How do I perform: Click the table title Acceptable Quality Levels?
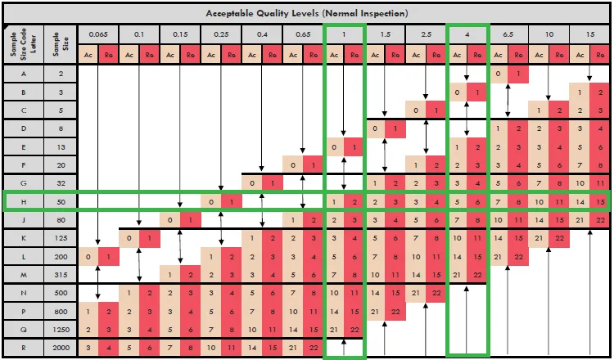[x=307, y=13]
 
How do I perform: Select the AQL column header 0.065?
[x=98, y=34]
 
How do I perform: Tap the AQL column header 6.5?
[x=508, y=34]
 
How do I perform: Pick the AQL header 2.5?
[x=426, y=34]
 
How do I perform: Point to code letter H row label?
[x=24, y=202]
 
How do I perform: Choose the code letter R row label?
[x=24, y=348]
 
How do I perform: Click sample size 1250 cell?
[x=61, y=330]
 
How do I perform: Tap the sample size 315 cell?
[x=61, y=275]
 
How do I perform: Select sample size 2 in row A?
[x=61, y=74]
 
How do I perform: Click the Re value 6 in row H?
[x=477, y=202]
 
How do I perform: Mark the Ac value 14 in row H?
[x=580, y=202]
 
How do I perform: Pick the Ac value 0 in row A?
[x=498, y=74]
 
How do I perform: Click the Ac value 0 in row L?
[x=88, y=257]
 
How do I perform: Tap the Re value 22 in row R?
[x=314, y=348]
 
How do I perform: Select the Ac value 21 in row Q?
[x=334, y=330]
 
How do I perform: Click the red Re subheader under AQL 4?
[x=477, y=55]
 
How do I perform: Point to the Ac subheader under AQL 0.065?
[x=88, y=55]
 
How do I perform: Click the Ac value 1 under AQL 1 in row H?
[x=334, y=202]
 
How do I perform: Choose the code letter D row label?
[x=24, y=128]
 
